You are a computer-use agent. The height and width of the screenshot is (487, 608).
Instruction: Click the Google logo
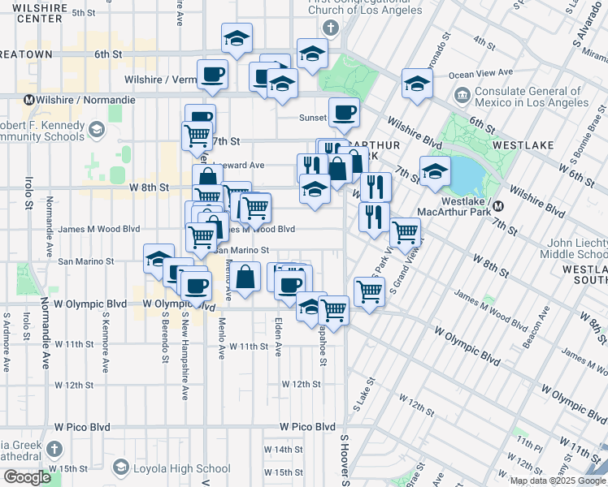click(x=27, y=477)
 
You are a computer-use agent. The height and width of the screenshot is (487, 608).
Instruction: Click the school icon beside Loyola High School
click(x=121, y=468)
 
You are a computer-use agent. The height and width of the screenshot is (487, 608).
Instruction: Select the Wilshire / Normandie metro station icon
click(x=29, y=100)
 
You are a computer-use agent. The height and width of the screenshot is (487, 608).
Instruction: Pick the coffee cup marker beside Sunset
click(x=343, y=114)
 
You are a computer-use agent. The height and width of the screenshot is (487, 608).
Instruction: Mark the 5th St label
click(x=83, y=12)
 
